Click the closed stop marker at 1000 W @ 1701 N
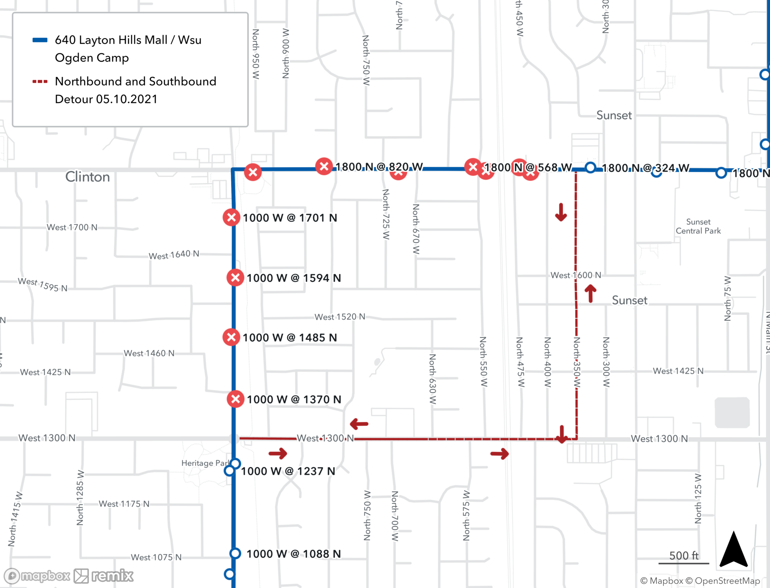pyautogui.click(x=231, y=218)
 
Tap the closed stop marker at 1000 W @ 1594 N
pyautogui.click(x=235, y=278)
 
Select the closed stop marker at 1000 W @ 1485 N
pyautogui.click(x=231, y=337)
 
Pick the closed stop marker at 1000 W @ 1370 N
pyautogui.click(x=236, y=399)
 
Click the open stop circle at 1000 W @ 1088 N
pyautogui.click(x=235, y=553)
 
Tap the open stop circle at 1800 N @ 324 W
pyautogui.click(x=590, y=168)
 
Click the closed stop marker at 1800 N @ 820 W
pyautogui.click(x=324, y=166)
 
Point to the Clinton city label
pyautogui.click(x=87, y=177)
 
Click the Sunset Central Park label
pyautogui.click(x=698, y=226)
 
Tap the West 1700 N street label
pyautogui.click(x=72, y=227)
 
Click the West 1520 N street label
pyautogui.click(x=340, y=317)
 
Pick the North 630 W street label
pyautogui.click(x=432, y=379)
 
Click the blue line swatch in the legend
pyautogui.click(x=40, y=40)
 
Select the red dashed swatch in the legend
pyautogui.click(x=40, y=82)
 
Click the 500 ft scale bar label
pyautogui.click(x=684, y=556)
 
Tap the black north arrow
pyautogui.click(x=734, y=549)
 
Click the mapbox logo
pyautogui.click(x=37, y=576)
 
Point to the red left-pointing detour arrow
pyautogui.click(x=359, y=424)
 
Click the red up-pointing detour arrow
pyautogui.click(x=590, y=293)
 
